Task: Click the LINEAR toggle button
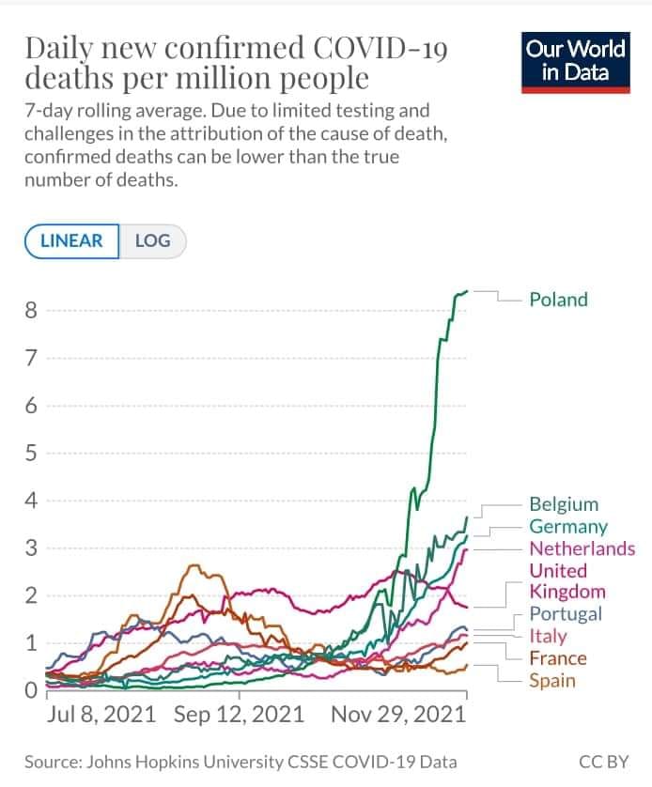pyautogui.click(x=71, y=240)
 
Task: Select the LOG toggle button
pyautogui.click(x=152, y=240)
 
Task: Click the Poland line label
pyautogui.click(x=558, y=300)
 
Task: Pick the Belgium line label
pyautogui.click(x=564, y=504)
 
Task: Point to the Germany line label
pyautogui.click(x=568, y=527)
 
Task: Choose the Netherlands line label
pyautogui.click(x=582, y=548)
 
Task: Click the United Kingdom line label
pyautogui.click(x=567, y=581)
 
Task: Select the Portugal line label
pyautogui.click(x=566, y=614)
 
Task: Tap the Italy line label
pyautogui.click(x=548, y=636)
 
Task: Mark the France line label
pyautogui.click(x=557, y=658)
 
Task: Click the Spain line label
pyautogui.click(x=552, y=681)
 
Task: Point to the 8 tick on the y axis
pyautogui.click(x=31, y=310)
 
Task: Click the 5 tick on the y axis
pyautogui.click(x=31, y=454)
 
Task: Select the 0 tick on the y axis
pyautogui.click(x=31, y=691)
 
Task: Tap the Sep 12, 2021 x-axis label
pyautogui.click(x=239, y=715)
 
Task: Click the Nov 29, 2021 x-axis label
pyautogui.click(x=398, y=715)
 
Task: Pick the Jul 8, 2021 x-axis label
pyautogui.click(x=103, y=715)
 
